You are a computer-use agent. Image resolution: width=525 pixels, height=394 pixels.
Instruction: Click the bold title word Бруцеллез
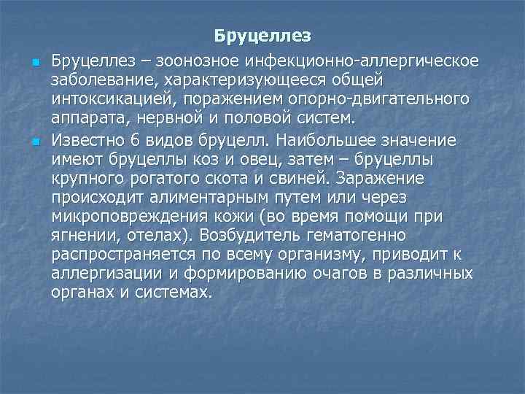click(x=262, y=36)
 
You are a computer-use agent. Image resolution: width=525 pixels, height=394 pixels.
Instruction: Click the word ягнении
click(x=81, y=237)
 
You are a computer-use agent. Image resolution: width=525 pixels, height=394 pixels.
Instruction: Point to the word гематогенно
click(x=365, y=237)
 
